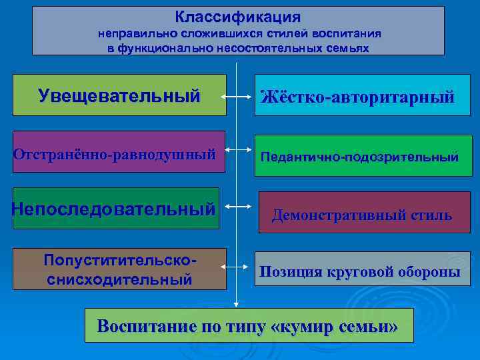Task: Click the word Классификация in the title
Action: tap(238, 17)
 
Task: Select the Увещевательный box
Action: tap(119, 95)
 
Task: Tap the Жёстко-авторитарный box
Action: tap(357, 97)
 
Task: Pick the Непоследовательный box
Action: tap(115, 209)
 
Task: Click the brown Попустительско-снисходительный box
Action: tap(119, 269)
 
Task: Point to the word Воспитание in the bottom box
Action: tap(141, 327)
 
